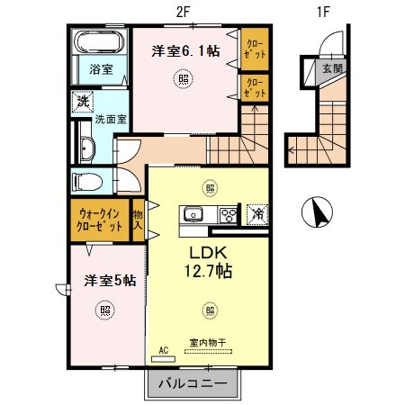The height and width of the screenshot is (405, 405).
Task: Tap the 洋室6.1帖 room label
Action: tap(185, 51)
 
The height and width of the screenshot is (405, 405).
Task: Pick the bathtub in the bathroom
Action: tap(100, 42)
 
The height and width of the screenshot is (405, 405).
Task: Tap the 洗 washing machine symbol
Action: tap(83, 101)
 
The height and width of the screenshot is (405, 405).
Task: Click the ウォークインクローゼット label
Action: tap(101, 220)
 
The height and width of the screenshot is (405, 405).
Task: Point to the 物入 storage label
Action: tap(139, 220)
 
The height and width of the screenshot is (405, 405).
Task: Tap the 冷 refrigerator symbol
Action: tap(256, 214)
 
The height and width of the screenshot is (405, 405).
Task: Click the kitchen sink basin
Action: tap(192, 214)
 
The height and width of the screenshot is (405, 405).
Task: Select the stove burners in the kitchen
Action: tap(229, 214)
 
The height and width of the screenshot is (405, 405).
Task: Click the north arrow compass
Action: tap(316, 212)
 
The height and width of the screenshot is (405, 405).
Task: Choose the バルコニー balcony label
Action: tap(193, 385)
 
